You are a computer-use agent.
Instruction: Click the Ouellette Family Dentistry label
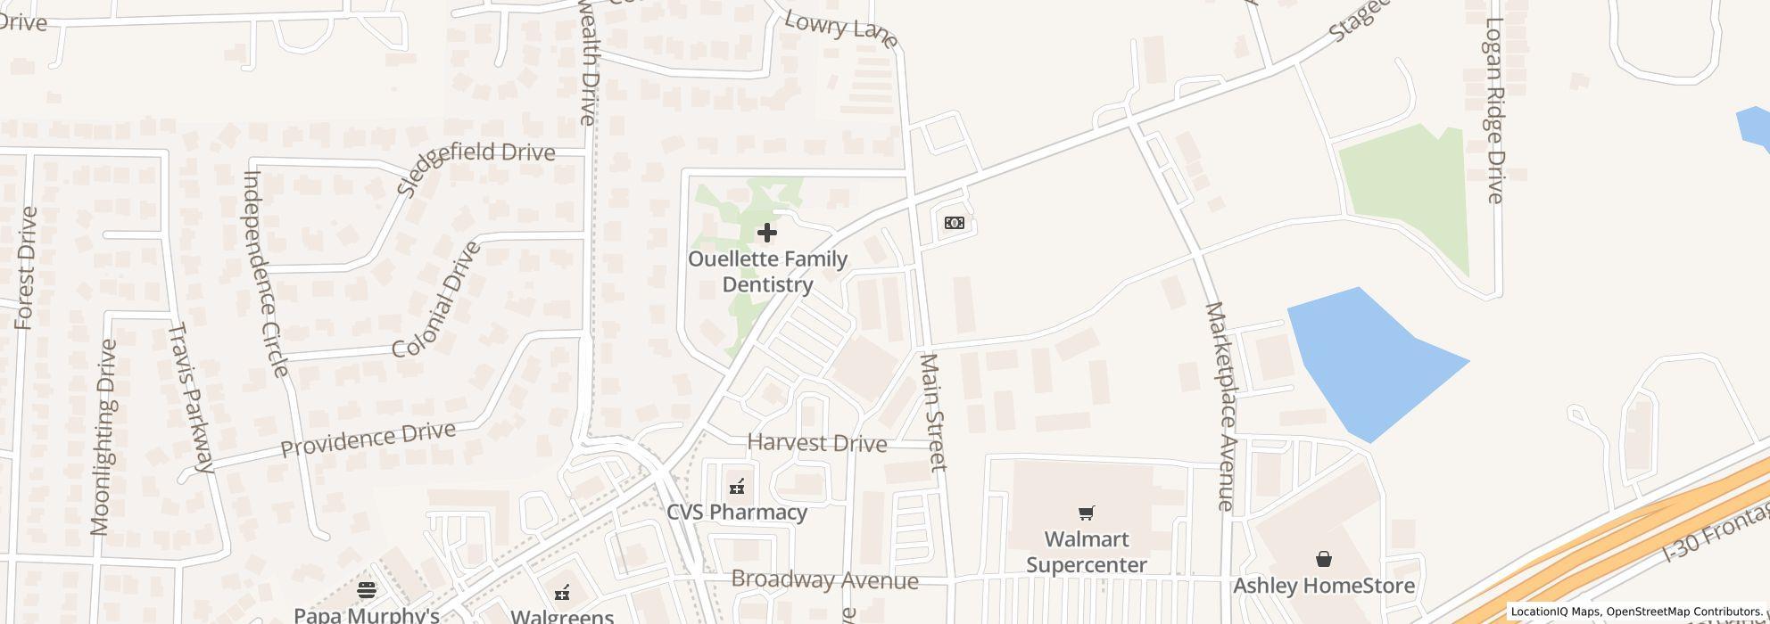pyautogui.click(x=767, y=272)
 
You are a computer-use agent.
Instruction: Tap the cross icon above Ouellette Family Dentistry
pyautogui.click(x=766, y=234)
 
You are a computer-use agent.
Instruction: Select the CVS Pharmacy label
pyautogui.click(x=737, y=513)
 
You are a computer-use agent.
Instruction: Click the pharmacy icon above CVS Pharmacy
pyautogui.click(x=737, y=487)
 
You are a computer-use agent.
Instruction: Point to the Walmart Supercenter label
pyautogui.click(x=1087, y=552)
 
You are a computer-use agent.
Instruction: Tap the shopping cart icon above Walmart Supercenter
pyautogui.click(x=1086, y=513)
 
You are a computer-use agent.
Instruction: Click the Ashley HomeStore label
pyautogui.click(x=1324, y=586)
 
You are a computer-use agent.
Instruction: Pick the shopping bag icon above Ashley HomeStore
pyautogui.click(x=1324, y=559)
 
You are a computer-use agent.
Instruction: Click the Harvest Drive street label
pyautogui.click(x=817, y=443)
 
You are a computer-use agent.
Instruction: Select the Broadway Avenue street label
pyautogui.click(x=824, y=580)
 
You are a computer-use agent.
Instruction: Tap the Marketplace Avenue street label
pyautogui.click(x=1220, y=406)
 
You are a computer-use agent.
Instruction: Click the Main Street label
pyautogui.click(x=932, y=412)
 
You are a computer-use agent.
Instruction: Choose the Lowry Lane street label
pyautogui.click(x=840, y=29)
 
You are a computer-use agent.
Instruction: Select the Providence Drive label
pyautogui.click(x=368, y=439)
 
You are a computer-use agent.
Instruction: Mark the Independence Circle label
pyautogui.click(x=265, y=273)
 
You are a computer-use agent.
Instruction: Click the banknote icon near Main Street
pyautogui.click(x=954, y=223)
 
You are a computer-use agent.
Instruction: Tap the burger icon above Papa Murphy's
pyautogui.click(x=367, y=590)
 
